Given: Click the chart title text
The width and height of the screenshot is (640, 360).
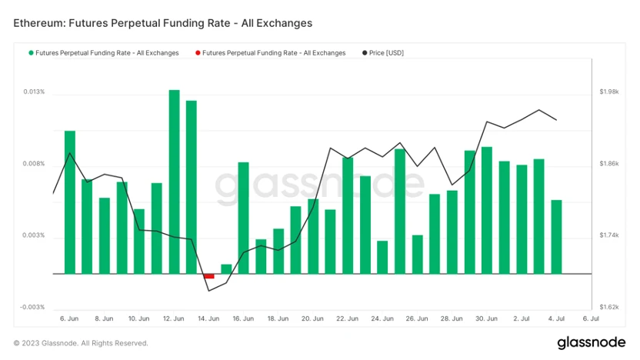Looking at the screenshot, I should tap(163, 24).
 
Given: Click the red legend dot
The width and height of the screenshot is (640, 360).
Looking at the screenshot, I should tap(198, 53).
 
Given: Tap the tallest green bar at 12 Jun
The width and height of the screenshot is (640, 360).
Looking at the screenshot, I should tap(174, 182).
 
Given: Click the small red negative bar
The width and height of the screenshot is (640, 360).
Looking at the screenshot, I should tap(208, 276).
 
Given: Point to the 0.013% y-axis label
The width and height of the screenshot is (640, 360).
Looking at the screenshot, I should tap(34, 92).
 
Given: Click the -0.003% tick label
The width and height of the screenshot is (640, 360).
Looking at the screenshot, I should tap(33, 307).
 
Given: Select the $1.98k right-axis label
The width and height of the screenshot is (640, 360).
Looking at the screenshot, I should tap(608, 92).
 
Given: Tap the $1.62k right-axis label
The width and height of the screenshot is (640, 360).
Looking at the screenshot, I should tap(608, 307).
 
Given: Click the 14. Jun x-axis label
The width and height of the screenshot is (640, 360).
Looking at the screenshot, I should tap(208, 318).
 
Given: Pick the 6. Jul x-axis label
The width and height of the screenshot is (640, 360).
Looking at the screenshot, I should tap(591, 318).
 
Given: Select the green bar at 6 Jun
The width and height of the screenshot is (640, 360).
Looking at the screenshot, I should tap(70, 202).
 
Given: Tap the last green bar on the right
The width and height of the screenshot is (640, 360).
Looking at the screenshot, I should tap(556, 237).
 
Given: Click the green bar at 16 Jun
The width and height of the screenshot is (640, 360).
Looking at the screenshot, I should tap(243, 218).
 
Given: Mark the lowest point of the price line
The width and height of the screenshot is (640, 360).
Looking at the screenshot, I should tap(208, 291).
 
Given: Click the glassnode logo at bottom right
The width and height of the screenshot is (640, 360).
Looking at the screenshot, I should tap(590, 342).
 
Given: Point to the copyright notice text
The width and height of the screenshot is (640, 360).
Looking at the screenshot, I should tap(81, 343).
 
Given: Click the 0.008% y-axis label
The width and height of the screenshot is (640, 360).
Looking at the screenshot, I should tap(34, 164).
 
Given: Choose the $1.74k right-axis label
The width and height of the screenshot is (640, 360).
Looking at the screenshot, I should tap(608, 235).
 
